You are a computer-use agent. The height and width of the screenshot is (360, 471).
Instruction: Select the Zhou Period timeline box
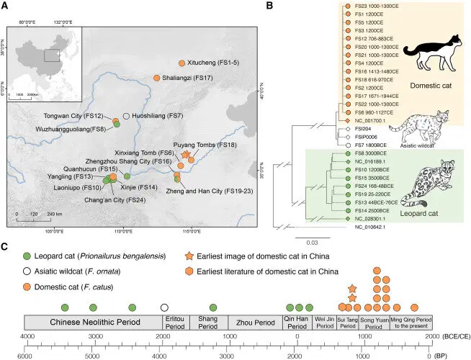point(244,322)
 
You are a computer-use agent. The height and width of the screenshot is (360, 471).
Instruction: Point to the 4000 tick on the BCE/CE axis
point(27,338)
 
